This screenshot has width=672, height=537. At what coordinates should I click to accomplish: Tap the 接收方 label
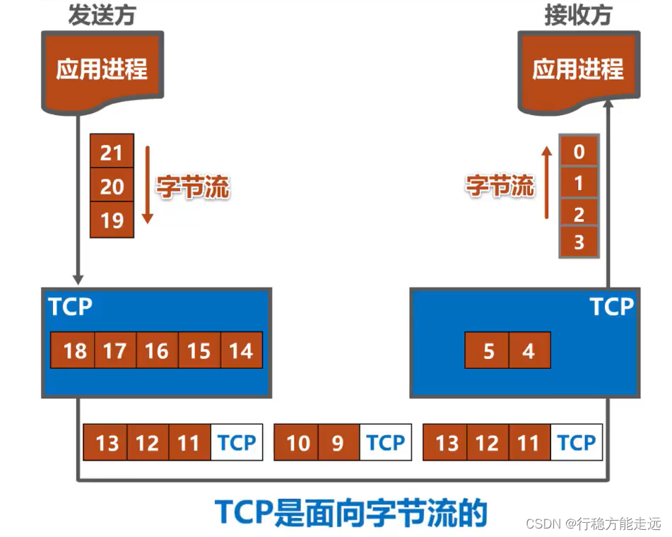(577, 16)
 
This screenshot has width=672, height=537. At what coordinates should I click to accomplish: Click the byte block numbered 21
(112, 153)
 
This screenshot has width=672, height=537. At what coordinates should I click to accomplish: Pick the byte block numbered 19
(112, 220)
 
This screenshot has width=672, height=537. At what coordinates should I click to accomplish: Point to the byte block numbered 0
(579, 152)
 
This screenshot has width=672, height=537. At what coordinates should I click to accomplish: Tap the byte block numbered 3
(579, 242)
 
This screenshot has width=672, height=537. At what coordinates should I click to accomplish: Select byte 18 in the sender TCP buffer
(74, 350)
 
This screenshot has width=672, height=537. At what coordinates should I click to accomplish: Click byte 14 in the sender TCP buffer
(241, 350)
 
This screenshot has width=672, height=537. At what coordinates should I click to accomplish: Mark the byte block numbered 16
(157, 350)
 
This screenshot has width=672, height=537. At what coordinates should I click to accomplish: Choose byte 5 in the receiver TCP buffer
(488, 350)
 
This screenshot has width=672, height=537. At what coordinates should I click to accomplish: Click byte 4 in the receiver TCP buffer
(529, 350)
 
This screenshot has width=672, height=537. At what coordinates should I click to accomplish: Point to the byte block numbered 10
(297, 443)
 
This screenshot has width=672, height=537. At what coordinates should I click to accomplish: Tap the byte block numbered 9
(338, 443)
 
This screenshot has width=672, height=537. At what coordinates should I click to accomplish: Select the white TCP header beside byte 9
(385, 443)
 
